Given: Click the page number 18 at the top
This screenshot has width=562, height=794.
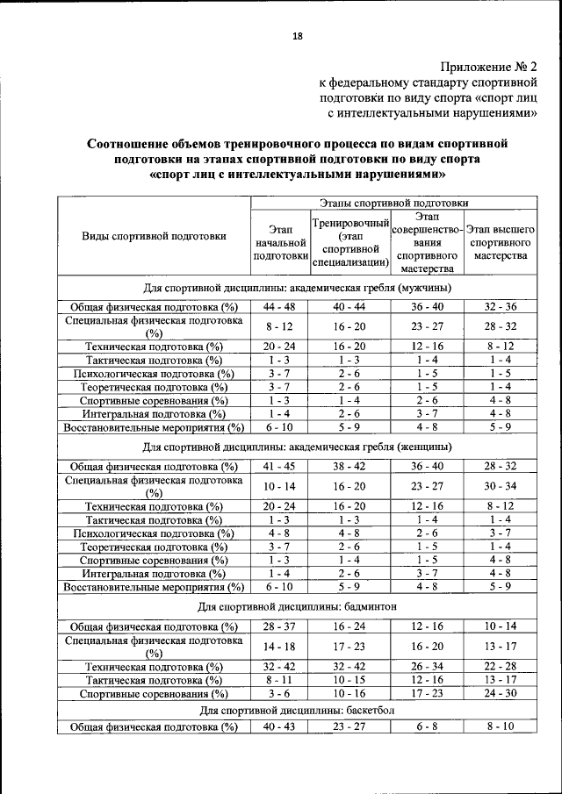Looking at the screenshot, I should click(x=297, y=36).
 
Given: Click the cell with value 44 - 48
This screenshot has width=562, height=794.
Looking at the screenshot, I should click(x=279, y=306).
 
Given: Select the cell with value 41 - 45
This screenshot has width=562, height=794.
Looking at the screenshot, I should click(x=279, y=466).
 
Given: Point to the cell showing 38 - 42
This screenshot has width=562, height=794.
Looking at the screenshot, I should click(x=349, y=466).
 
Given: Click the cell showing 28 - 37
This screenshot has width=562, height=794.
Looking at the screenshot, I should click(x=279, y=626).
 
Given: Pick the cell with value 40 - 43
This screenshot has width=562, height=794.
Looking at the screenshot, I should click(x=279, y=727).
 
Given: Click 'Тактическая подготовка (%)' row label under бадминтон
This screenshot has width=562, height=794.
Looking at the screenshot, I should click(x=155, y=679).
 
